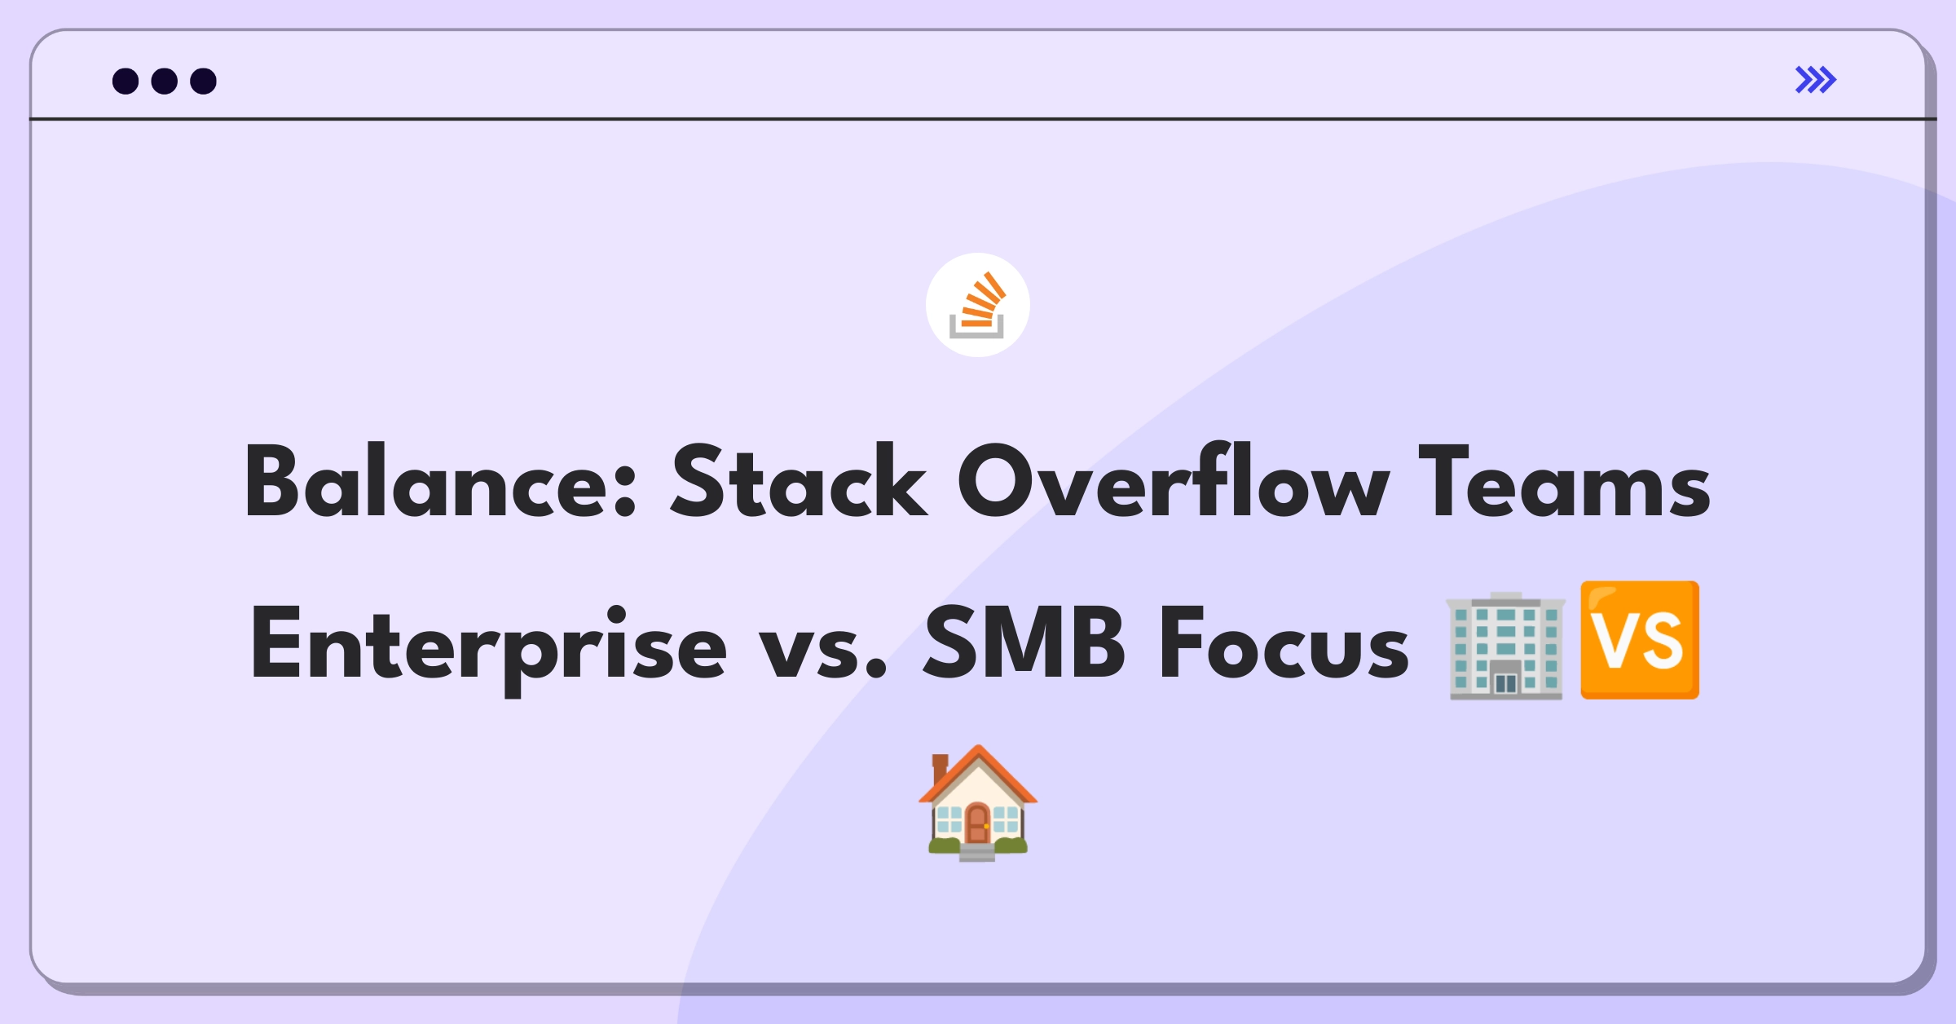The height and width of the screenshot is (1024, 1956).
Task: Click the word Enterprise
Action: point(488,649)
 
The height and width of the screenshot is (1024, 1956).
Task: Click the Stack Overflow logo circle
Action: point(978,305)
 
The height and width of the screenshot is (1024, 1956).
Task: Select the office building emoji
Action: point(1505,645)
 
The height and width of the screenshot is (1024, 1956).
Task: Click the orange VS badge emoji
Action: point(1640,640)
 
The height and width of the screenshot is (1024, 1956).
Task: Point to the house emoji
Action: point(978,803)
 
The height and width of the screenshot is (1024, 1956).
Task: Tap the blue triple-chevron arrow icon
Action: point(1816,80)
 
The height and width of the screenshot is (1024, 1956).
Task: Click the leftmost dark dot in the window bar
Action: point(126,81)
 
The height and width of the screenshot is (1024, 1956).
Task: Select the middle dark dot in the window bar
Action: point(165,81)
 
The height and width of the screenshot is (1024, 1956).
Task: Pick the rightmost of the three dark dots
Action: point(204,81)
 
